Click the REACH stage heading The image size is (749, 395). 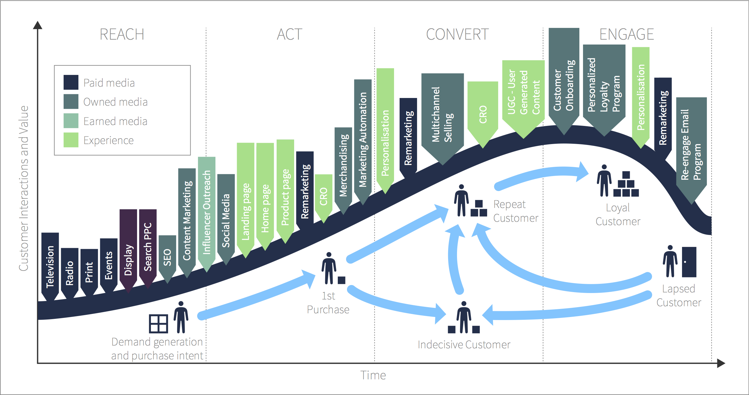[x=122, y=34]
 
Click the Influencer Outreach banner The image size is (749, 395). [x=207, y=212]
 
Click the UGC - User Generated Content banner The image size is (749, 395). [x=523, y=92]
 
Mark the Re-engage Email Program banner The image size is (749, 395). [x=691, y=144]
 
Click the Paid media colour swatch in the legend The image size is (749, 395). [x=71, y=82]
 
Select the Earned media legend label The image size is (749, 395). [x=115, y=121]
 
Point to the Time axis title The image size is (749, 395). [x=373, y=375]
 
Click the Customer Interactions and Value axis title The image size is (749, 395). [x=24, y=188]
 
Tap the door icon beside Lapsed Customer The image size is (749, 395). [x=689, y=262]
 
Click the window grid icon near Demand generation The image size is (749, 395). [x=158, y=324]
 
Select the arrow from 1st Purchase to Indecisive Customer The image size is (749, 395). [x=396, y=304]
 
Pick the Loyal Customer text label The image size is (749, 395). [x=618, y=214]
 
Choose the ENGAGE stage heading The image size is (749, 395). [x=626, y=34]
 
